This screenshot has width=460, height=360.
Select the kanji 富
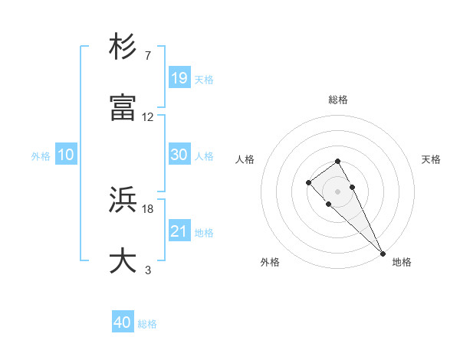point(124,108)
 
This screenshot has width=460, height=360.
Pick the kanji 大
point(124,261)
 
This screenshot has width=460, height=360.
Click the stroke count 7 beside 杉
point(148,56)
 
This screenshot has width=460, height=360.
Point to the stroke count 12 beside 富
point(148,117)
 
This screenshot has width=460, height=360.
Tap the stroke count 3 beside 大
point(148,270)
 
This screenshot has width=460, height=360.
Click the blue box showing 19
point(179,77)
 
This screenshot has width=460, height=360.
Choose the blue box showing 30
point(179,155)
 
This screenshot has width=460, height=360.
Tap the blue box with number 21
point(179,231)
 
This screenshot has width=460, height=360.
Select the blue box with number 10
point(66,155)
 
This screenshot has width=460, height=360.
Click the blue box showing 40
point(123,322)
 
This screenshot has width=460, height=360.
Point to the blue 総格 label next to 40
point(147,324)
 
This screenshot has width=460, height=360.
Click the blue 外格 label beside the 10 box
point(41,156)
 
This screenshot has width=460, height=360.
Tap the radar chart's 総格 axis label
point(338,100)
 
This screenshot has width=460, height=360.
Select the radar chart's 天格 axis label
point(431,159)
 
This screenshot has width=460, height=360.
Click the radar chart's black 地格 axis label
point(402,262)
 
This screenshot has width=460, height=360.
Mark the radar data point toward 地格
point(383,254)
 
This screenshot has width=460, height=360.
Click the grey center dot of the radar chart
point(337,191)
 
